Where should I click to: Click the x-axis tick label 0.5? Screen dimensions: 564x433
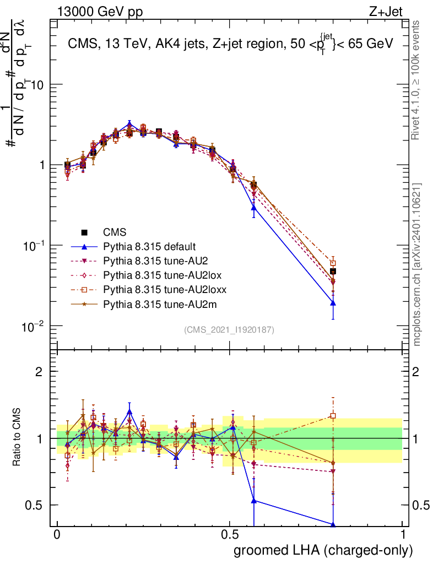pyautogui.click(x=230, y=535)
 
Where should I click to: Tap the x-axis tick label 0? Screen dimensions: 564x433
pyautogui.click(x=57, y=535)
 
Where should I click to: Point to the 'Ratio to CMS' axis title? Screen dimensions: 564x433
pyautogui.click(x=17, y=438)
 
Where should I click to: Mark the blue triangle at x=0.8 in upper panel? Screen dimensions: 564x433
pyautogui.click(x=333, y=302)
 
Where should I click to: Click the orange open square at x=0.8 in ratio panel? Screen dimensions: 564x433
pyautogui.click(x=333, y=416)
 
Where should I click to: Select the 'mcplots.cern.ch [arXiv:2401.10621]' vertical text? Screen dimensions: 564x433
pyautogui.click(x=417, y=264)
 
